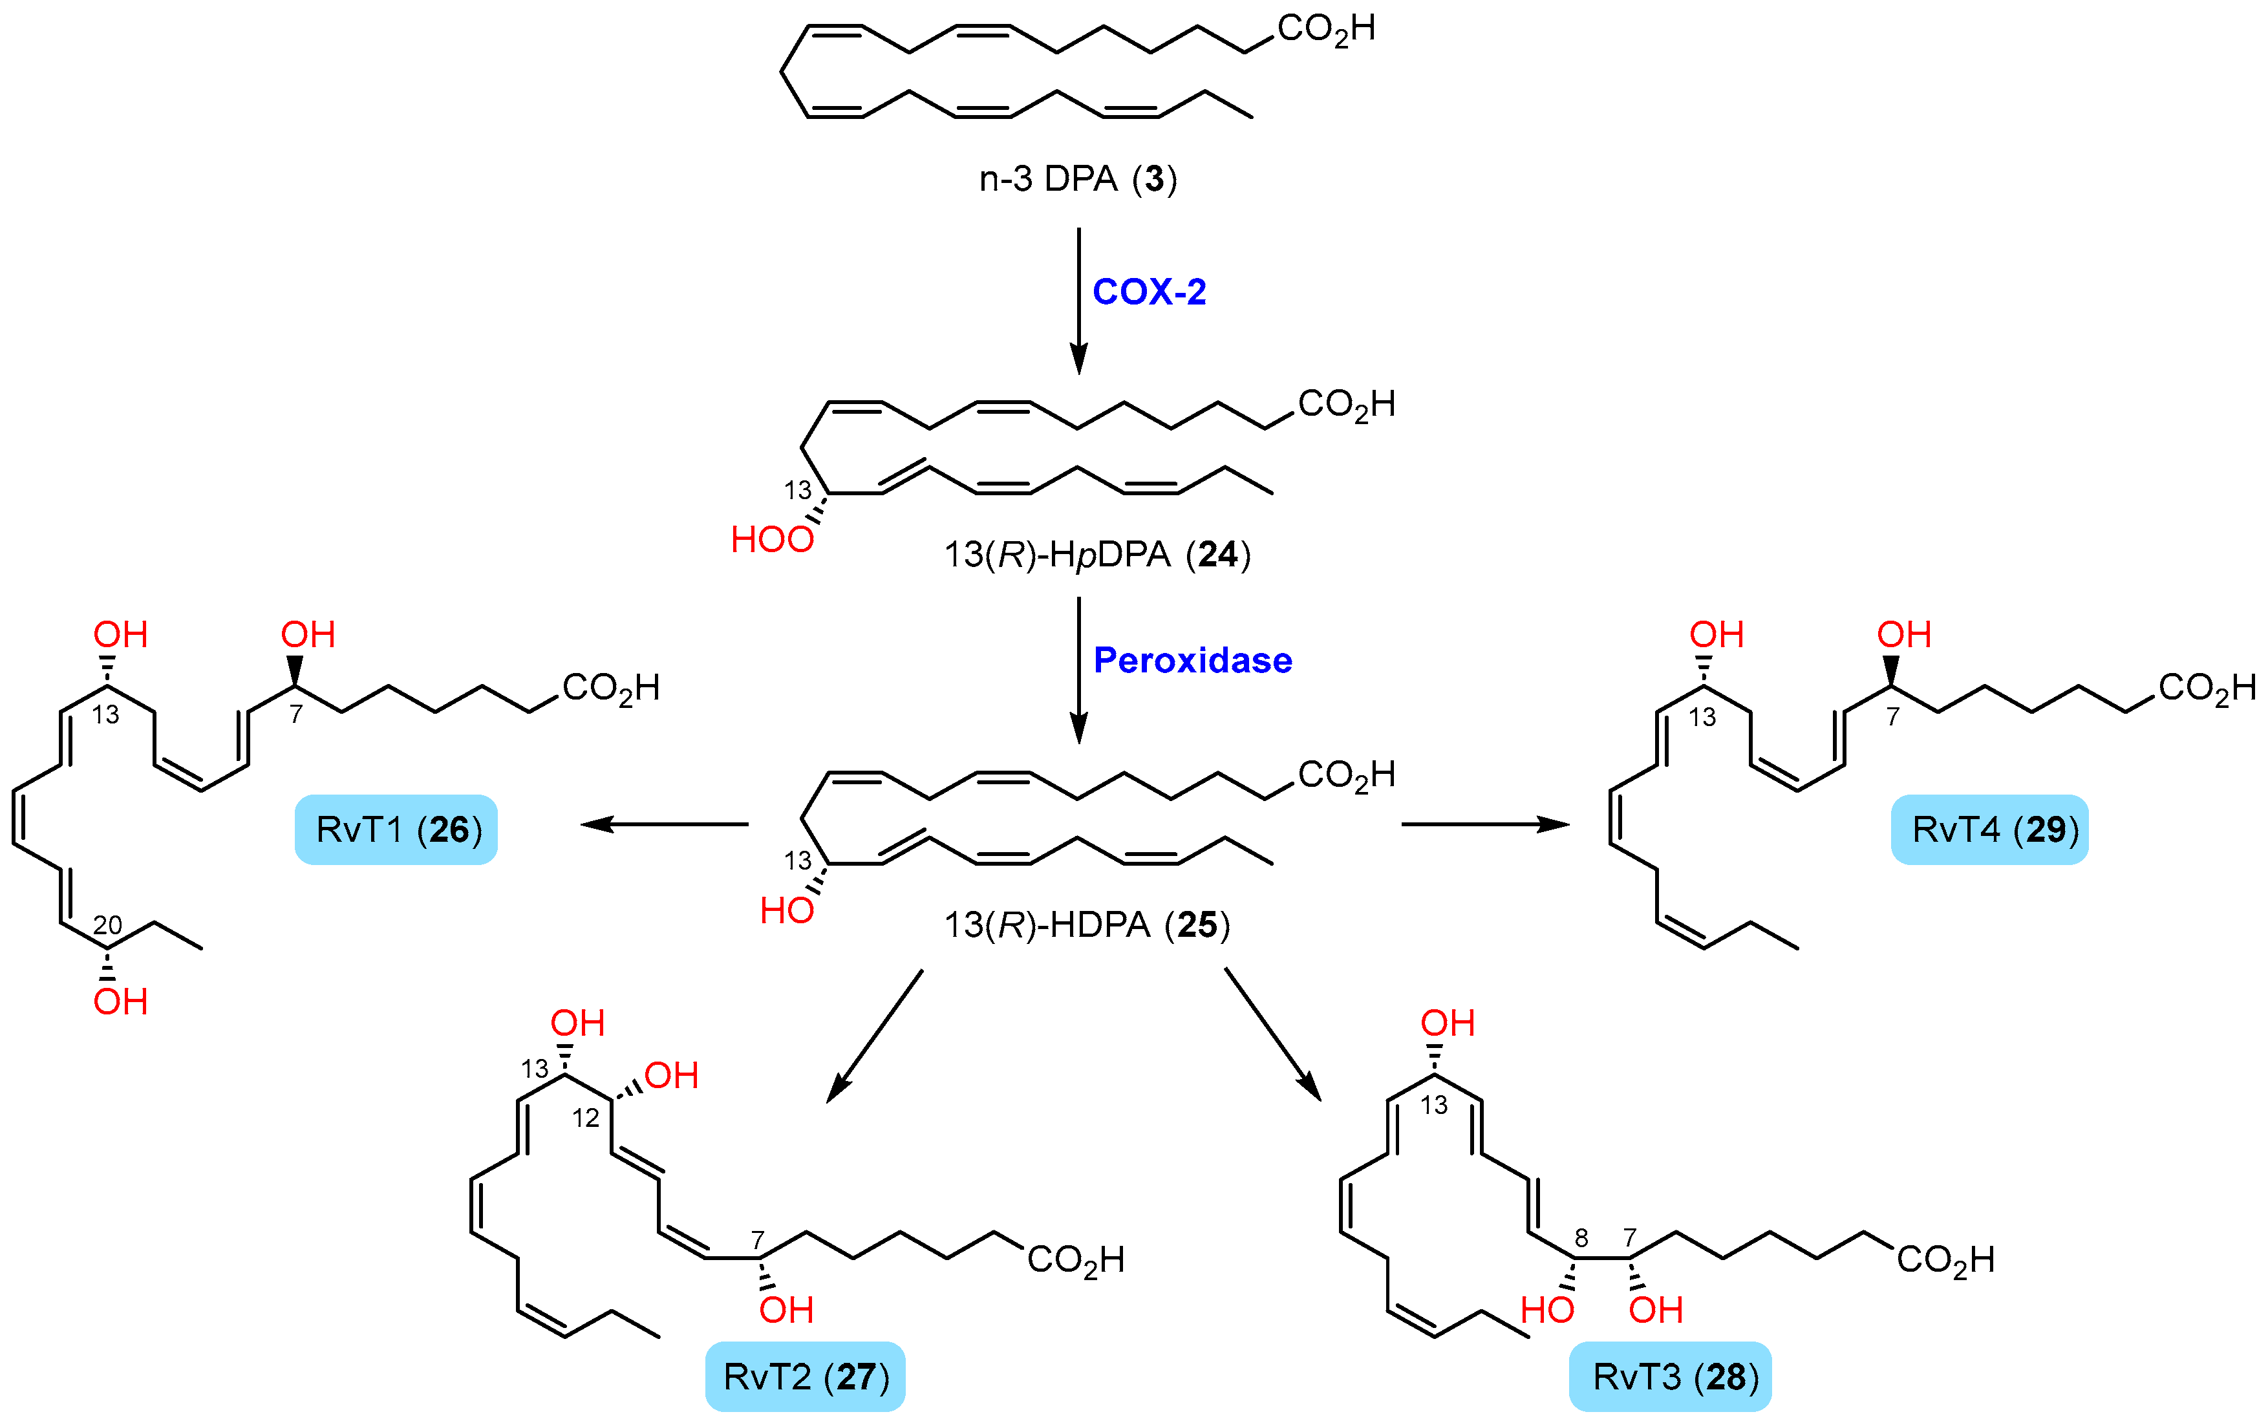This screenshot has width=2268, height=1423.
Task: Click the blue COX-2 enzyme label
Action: [x=1148, y=292]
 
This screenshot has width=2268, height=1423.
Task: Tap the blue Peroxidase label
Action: [x=1192, y=661]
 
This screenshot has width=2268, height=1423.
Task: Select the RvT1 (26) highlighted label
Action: [x=396, y=829]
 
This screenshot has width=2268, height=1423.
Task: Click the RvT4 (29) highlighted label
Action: [x=1989, y=829]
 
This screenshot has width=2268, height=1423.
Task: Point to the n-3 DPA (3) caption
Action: [x=1078, y=179]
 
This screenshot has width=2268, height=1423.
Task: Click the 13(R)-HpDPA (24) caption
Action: [x=1097, y=554]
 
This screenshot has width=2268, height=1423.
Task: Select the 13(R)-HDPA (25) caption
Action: [x=1087, y=925]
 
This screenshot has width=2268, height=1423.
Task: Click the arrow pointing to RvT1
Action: [x=663, y=824]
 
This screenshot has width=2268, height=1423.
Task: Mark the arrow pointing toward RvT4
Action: [x=1485, y=824]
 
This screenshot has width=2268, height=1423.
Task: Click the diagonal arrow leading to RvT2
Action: [x=874, y=1034]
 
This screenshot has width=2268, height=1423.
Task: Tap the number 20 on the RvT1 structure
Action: [x=107, y=925]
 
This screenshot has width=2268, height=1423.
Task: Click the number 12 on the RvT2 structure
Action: [x=585, y=1118]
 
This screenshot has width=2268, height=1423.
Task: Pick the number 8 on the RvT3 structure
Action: [x=1581, y=1239]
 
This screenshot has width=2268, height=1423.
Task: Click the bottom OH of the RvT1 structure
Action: [x=120, y=1001]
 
